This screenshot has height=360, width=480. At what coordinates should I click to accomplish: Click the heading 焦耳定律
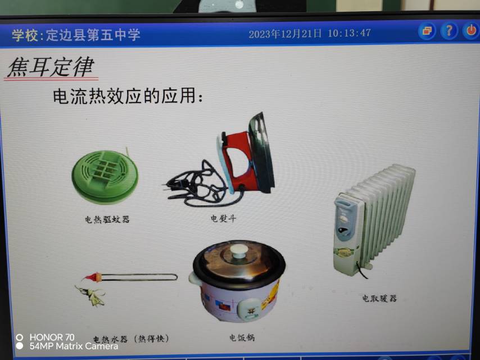51,67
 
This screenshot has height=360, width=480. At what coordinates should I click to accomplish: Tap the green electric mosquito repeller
105,177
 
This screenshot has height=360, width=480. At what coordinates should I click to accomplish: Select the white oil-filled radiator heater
374,218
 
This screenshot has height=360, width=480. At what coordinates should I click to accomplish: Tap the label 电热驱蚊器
107,219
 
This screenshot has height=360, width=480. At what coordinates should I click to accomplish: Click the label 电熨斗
223,218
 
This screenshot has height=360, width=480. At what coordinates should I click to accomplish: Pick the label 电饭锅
242,337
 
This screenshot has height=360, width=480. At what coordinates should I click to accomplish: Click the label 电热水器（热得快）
131,339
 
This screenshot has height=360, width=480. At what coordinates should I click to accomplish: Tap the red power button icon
471,30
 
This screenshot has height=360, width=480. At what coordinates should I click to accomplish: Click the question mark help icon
449,30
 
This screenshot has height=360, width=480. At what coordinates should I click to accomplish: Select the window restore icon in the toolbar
427,31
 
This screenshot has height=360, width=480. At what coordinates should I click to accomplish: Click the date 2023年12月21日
285,34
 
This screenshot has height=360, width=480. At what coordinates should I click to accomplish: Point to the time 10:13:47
349,33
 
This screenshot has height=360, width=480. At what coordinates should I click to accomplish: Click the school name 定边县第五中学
93,35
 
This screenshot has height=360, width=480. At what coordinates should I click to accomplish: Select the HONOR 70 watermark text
52,337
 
